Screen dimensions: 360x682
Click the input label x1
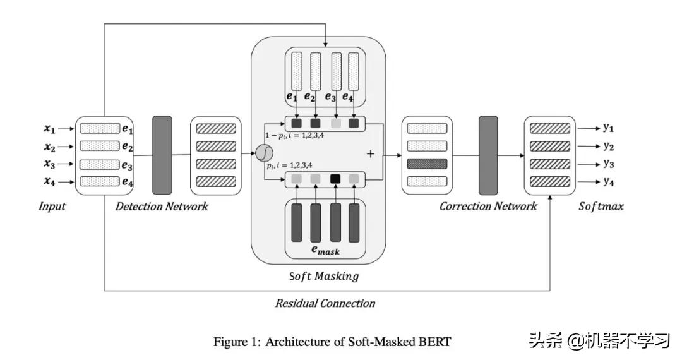coord(49,129)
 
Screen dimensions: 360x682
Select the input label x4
coord(49,183)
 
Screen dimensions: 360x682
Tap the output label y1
coord(608,128)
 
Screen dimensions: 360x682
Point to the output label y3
coord(608,164)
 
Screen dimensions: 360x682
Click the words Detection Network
coord(162,207)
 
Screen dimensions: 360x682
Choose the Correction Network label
coord(488,207)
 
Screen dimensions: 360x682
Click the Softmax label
coord(601,207)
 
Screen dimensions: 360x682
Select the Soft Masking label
coord(323,276)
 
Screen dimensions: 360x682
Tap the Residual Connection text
coord(325,303)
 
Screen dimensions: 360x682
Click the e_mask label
coord(325,251)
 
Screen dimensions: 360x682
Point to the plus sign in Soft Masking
coord(371,153)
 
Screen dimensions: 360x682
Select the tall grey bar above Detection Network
coord(162,154)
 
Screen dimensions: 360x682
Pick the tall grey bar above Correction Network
coord(489,154)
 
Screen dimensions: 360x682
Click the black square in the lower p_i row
coord(335,179)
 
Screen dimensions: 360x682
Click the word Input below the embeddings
coord(52,207)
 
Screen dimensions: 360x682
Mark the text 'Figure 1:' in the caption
coord(236,342)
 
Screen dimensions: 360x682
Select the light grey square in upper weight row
coord(335,123)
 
